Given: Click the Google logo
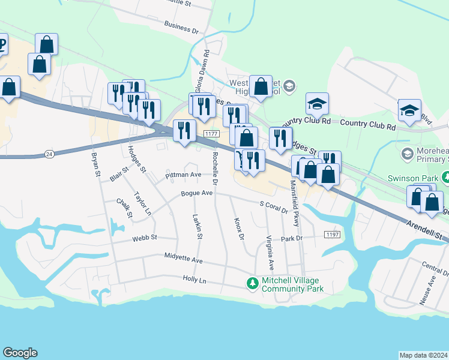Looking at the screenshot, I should tap(20, 353).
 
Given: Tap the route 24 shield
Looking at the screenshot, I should tap(49, 155).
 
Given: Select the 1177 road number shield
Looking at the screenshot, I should tap(210, 134).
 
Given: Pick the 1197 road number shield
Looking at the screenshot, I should tap(332, 233).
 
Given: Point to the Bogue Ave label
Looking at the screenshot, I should tap(197, 194).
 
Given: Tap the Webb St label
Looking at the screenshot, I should tap(145, 238).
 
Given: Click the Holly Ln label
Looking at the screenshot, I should tap(194, 280).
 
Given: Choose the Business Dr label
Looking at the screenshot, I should tap(181, 28).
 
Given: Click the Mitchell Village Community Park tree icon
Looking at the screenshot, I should tap(253, 283).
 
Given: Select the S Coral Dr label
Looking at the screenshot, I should tap(274, 207).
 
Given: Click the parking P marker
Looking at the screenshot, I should tap(2, 44).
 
